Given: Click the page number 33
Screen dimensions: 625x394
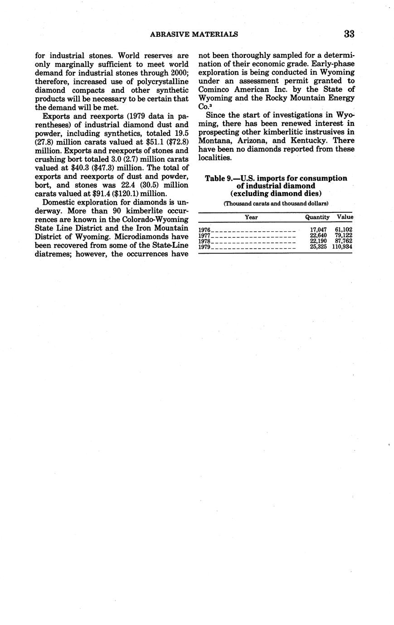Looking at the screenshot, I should pos(349,34).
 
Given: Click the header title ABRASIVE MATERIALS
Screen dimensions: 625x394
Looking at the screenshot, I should pos(194,34).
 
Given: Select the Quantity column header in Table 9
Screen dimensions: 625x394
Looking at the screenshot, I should pos(317,217).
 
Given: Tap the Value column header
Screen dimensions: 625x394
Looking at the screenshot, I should pos(345,217).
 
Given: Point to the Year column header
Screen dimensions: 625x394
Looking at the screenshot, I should pos(251,217).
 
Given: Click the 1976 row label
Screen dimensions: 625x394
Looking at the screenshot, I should pos(205,230).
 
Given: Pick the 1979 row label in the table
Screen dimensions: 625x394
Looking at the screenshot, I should pos(205,247).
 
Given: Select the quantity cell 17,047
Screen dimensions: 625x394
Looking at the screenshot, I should pos(318,230).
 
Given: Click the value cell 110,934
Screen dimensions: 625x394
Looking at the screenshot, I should pos(342,247).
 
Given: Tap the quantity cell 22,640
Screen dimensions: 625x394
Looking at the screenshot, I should pos(318,236).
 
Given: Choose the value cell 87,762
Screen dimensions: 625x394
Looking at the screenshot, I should pos(344,241).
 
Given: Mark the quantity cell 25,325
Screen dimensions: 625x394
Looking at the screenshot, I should pos(318,247).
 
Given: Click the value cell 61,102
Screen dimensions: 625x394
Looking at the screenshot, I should pos(344,230).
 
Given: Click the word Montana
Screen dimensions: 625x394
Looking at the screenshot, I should pos(216,141).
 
